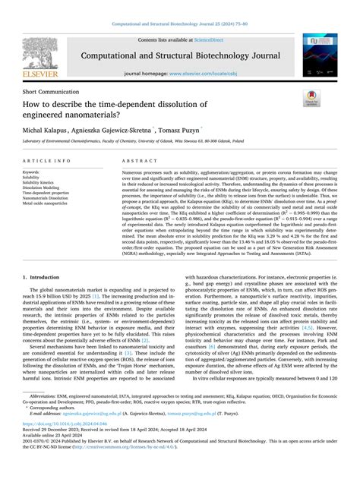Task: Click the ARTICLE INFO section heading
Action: coord(48,162)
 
